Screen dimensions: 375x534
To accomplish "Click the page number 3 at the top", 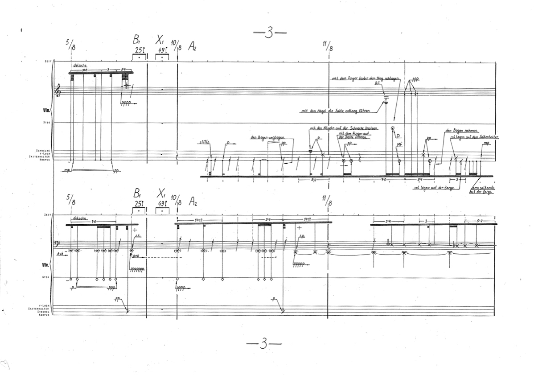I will (269, 34).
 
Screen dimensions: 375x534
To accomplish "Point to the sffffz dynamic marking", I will (205, 143).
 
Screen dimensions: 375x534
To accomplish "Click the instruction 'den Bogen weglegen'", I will (267, 137).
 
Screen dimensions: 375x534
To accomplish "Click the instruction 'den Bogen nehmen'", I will (462, 131).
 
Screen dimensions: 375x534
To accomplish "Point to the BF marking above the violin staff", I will (377, 83).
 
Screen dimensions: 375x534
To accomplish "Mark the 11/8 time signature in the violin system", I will (329, 45).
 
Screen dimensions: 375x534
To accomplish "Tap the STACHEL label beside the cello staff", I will (42, 311).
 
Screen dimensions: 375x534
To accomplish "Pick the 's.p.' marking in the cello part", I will (302, 236).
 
